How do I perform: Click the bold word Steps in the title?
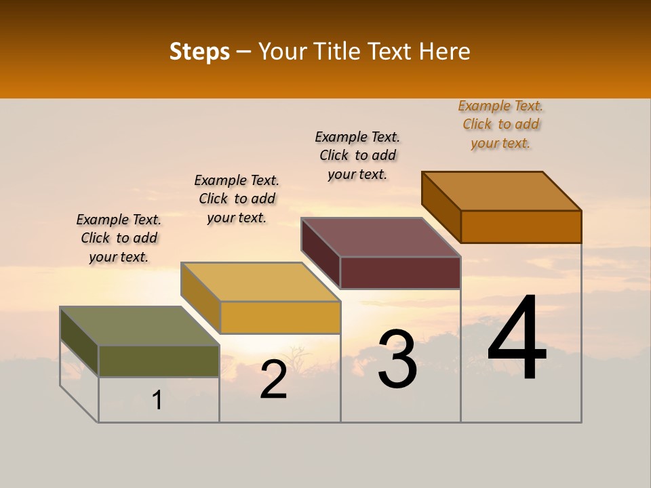point(199,52)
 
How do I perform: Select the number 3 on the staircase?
point(397,359)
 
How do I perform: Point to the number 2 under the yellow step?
point(274,380)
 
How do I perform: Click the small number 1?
point(157,400)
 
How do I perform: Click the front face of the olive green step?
point(159,361)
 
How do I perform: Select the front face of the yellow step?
point(280,317)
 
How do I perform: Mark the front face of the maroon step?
point(400,272)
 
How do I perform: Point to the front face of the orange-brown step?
point(521,226)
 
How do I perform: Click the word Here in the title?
point(445,52)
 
